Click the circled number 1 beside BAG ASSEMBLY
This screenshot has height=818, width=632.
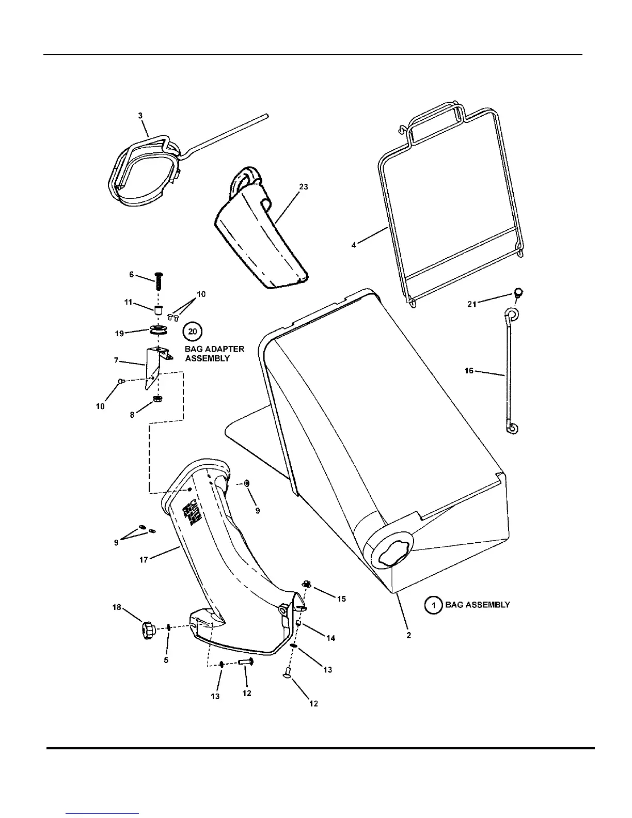(434, 605)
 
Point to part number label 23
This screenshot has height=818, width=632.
(304, 186)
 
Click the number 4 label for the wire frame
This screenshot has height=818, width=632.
(354, 245)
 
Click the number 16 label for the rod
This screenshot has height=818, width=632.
(469, 371)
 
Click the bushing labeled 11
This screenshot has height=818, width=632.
(159, 310)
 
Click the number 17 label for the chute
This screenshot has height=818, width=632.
(144, 559)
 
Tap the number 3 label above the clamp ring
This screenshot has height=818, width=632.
(140, 116)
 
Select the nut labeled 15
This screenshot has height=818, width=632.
(306, 584)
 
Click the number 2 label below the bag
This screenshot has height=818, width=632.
(408, 635)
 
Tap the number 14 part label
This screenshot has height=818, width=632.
(331, 638)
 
